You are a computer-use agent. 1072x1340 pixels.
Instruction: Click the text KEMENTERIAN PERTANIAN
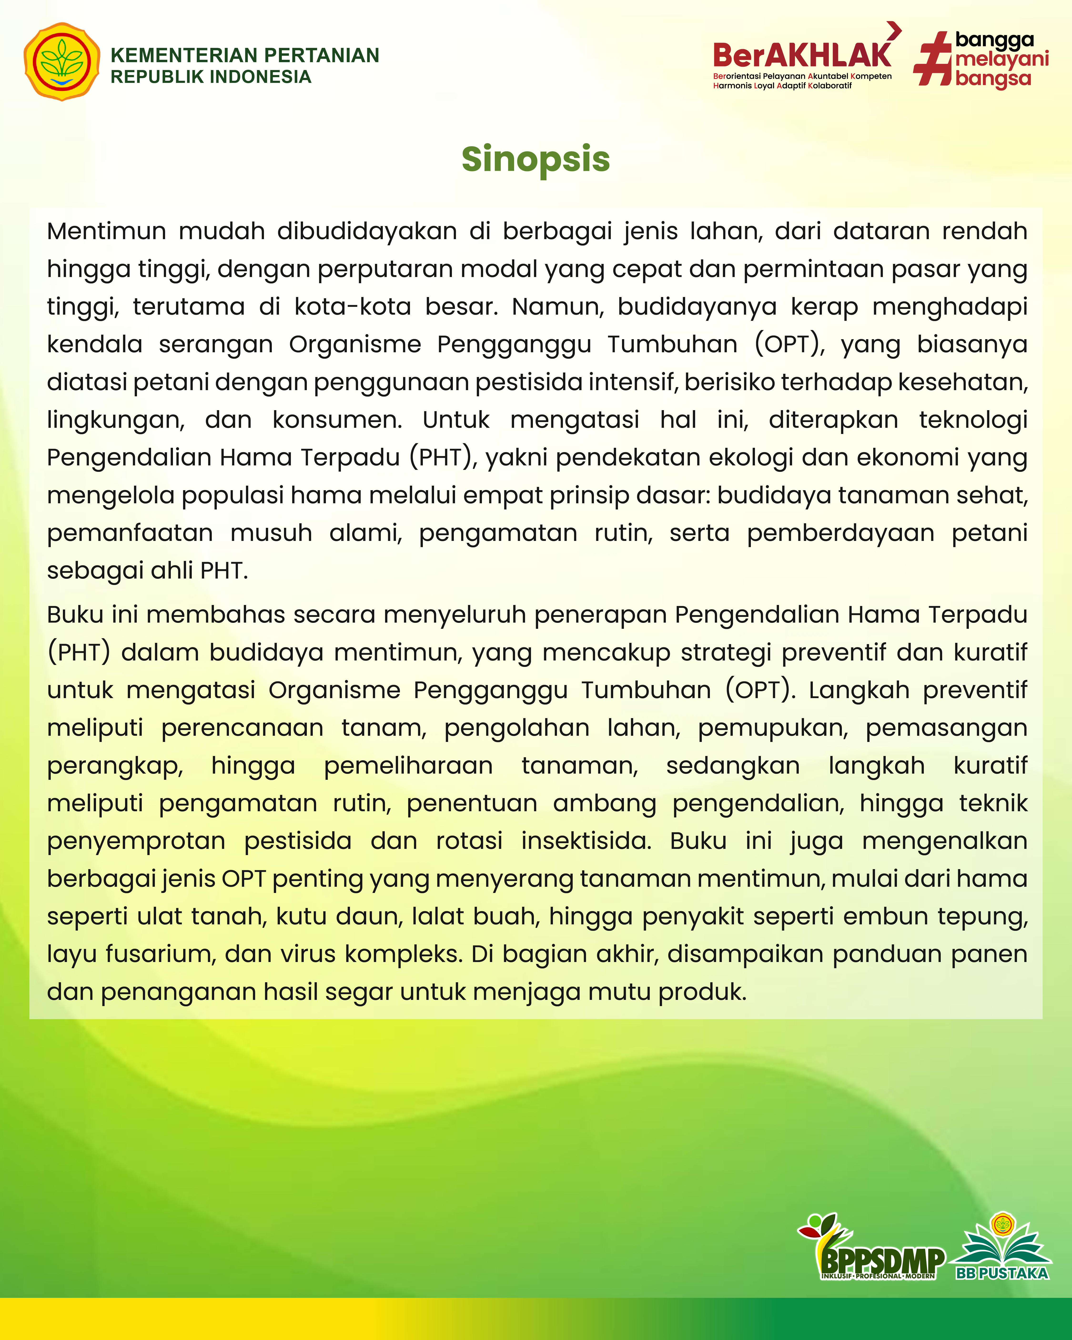(244, 55)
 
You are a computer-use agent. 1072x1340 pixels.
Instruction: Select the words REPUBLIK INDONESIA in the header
(211, 77)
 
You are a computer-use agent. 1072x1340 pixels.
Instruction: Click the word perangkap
(114, 766)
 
